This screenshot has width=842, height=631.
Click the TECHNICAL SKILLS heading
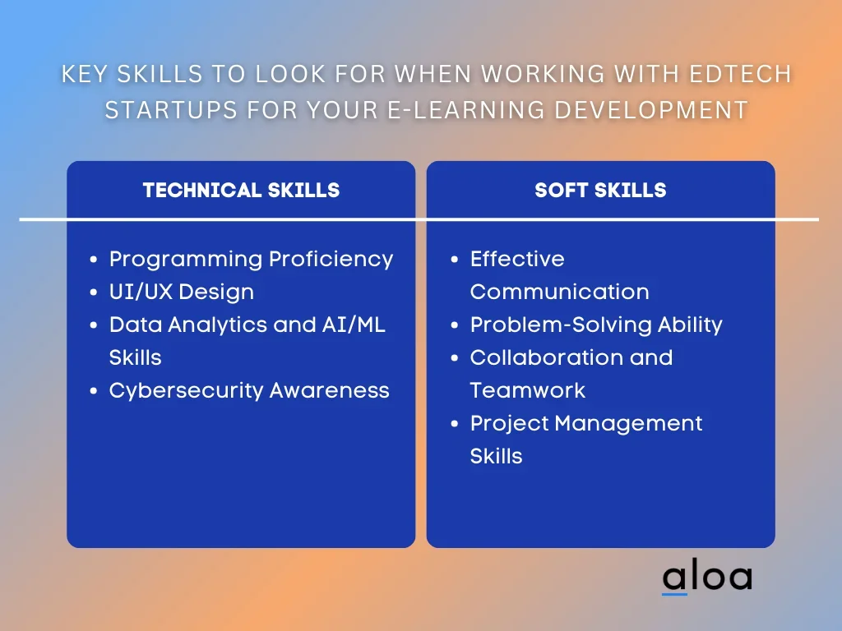pyautogui.click(x=241, y=190)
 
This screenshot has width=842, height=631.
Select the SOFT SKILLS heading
pyautogui.click(x=600, y=190)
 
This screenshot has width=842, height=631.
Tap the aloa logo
pyautogui.click(x=707, y=577)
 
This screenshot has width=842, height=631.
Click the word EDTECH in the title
pyautogui.click(x=741, y=74)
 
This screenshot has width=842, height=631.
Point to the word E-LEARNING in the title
pyautogui.click(x=466, y=110)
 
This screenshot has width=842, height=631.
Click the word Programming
pyautogui.click(x=186, y=260)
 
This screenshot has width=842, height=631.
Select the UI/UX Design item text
pyautogui.click(x=182, y=292)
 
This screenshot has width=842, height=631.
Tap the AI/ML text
pyautogui.click(x=354, y=325)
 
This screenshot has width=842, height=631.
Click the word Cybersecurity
pyautogui.click(x=186, y=391)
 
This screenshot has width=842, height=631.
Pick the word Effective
pyautogui.click(x=517, y=259)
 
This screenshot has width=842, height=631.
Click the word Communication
pyautogui.click(x=559, y=292)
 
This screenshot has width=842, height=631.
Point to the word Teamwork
pyautogui.click(x=527, y=390)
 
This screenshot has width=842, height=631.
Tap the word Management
pyautogui.click(x=628, y=424)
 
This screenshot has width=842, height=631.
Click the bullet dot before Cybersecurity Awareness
pyautogui.click(x=94, y=391)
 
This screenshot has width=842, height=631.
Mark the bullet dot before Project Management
pyautogui.click(x=455, y=424)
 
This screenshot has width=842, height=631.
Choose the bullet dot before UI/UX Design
pyautogui.click(x=94, y=292)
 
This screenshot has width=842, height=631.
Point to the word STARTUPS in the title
pyautogui.click(x=171, y=110)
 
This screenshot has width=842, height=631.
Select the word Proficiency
pyautogui.click(x=331, y=260)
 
